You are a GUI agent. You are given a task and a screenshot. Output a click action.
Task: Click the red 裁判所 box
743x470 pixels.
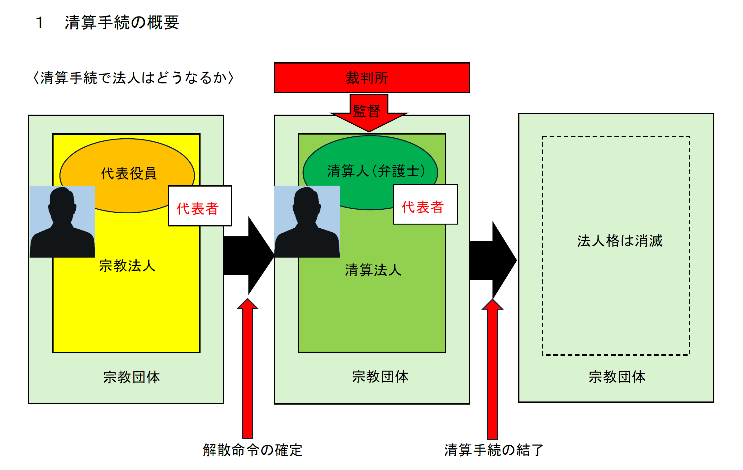(x=371, y=78)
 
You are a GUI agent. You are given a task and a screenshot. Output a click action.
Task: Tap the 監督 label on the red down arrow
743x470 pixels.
(x=367, y=111)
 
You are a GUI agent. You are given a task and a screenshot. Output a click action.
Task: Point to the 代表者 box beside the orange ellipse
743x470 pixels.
(x=200, y=206)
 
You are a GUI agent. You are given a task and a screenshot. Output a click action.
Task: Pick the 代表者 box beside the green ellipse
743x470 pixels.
(x=425, y=204)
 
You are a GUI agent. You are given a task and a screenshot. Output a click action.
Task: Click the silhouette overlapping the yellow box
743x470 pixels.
(x=62, y=221)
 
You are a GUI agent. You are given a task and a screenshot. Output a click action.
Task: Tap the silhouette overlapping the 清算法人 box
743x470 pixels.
(x=307, y=221)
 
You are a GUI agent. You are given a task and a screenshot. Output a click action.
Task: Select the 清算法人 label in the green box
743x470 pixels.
(x=373, y=270)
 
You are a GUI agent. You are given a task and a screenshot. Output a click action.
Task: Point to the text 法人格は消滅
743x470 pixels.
(x=620, y=241)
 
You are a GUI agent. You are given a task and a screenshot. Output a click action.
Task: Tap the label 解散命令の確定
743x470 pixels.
(x=253, y=450)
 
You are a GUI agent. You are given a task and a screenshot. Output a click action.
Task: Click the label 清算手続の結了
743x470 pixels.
(x=494, y=450)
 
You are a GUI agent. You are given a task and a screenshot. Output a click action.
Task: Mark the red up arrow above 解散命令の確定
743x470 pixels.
(x=248, y=368)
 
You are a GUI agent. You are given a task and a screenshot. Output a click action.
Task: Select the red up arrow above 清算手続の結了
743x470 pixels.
(x=492, y=368)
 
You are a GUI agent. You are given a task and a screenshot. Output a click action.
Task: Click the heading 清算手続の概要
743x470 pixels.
(x=122, y=22)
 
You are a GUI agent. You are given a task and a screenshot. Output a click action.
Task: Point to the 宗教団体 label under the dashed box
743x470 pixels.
(x=617, y=377)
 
